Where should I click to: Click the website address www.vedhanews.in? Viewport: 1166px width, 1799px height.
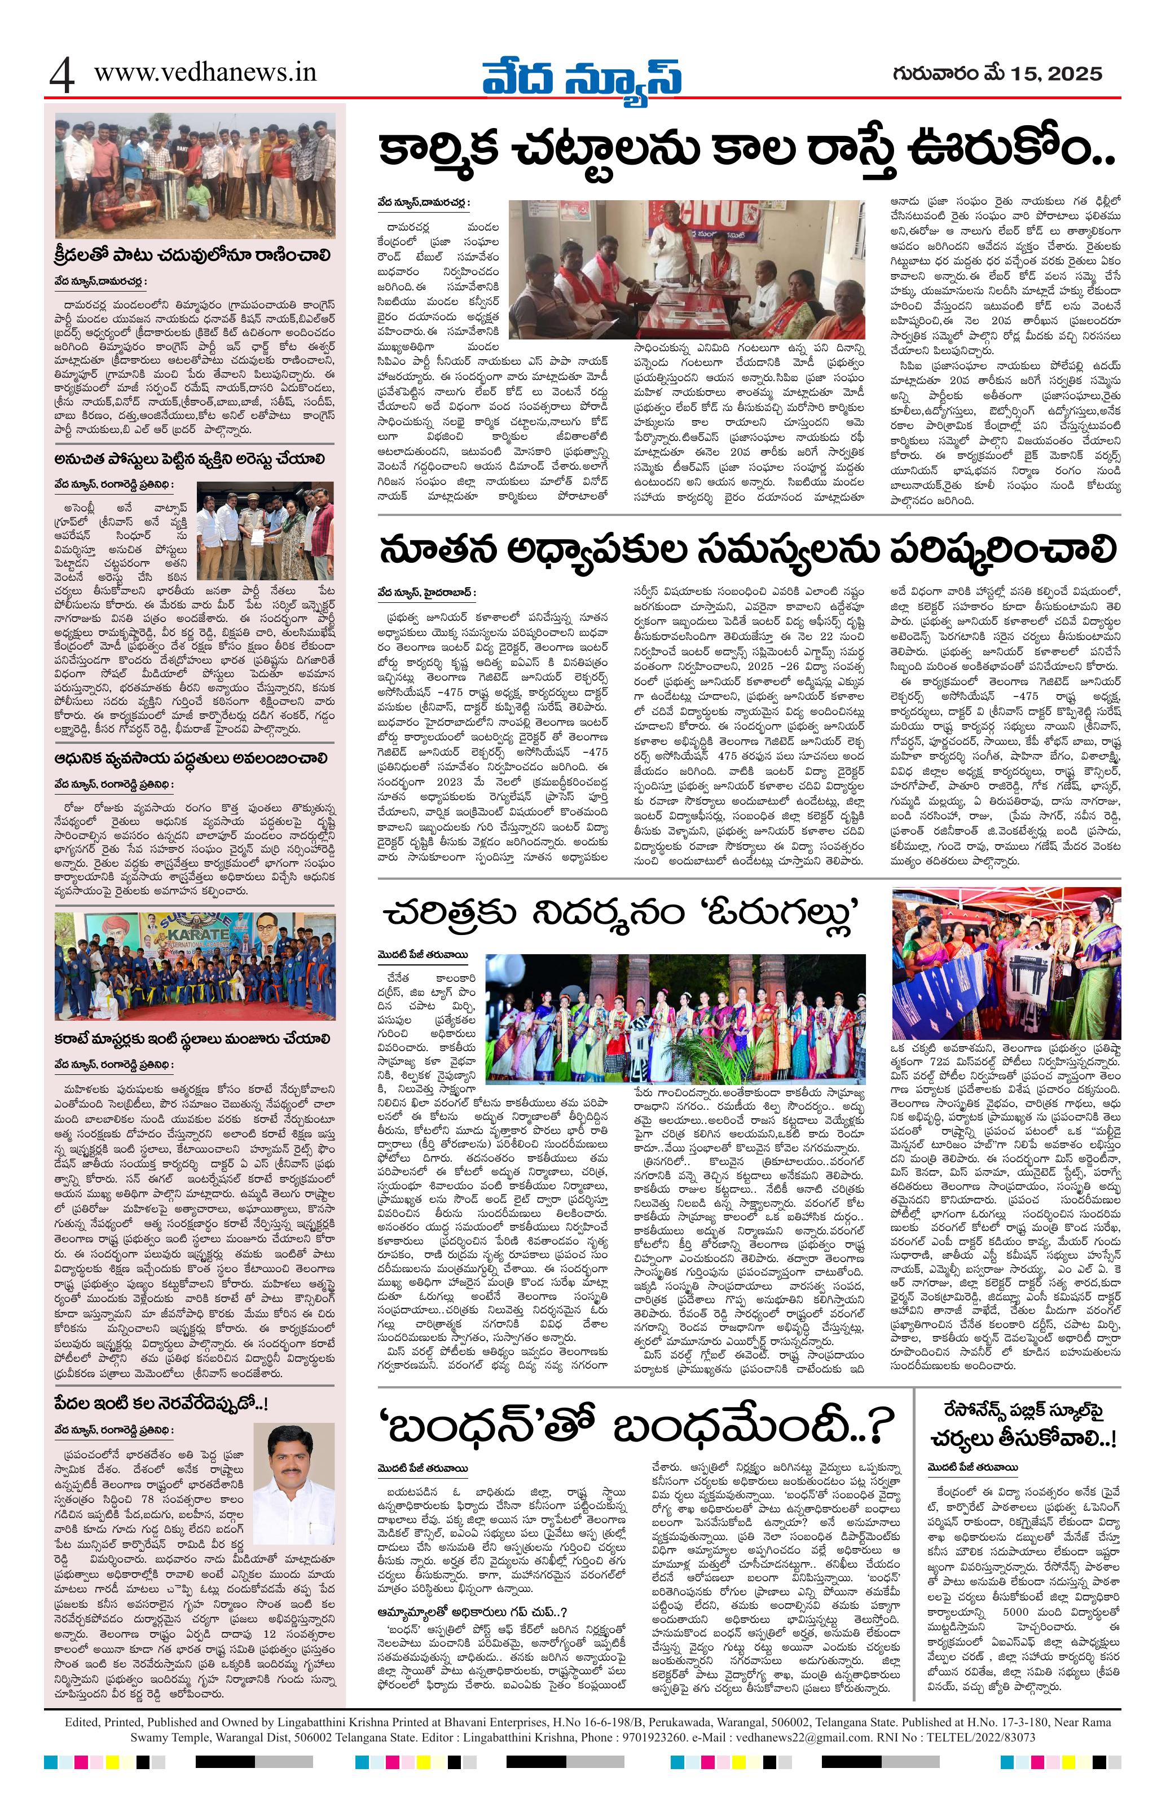(x=205, y=73)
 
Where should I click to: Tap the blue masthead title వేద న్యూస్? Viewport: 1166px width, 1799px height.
(x=582, y=77)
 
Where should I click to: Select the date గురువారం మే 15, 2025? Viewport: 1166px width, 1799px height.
(x=996, y=73)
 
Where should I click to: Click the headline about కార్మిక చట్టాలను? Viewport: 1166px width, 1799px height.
(x=749, y=156)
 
